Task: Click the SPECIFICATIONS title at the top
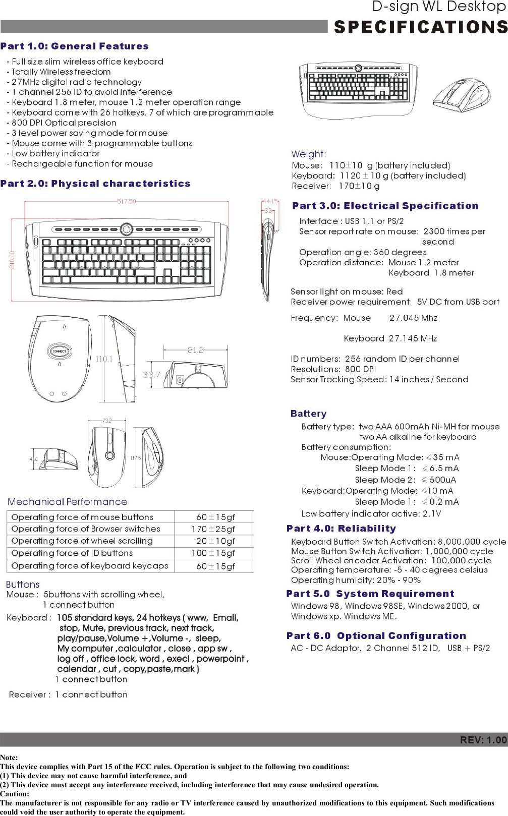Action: click(x=420, y=27)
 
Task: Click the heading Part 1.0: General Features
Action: click(x=75, y=46)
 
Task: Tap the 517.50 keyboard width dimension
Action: click(x=127, y=201)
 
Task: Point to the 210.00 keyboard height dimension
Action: click(x=12, y=260)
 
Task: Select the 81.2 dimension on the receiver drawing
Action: click(x=195, y=350)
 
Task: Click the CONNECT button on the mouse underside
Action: click(x=60, y=351)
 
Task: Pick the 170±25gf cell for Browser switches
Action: click(x=213, y=529)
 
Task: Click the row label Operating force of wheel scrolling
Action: click(x=82, y=541)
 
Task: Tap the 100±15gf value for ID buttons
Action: click(x=213, y=553)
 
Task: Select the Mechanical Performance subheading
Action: click(x=68, y=502)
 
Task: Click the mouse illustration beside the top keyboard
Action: click(x=462, y=93)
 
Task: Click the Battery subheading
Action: click(x=308, y=414)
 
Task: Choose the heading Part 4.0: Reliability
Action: click(x=341, y=529)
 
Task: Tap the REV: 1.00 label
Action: click(x=483, y=740)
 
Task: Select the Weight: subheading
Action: click(x=309, y=154)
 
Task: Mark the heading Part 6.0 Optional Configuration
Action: click(x=376, y=636)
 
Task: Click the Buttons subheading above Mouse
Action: click(x=23, y=585)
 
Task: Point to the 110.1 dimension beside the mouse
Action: click(x=104, y=359)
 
